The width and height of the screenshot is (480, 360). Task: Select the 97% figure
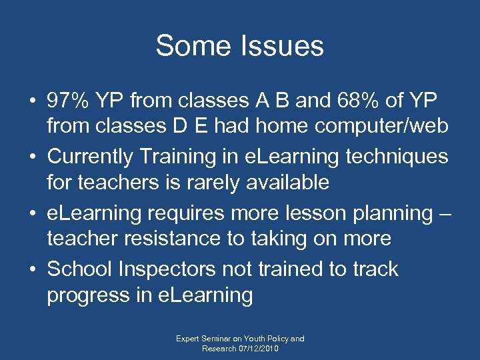[x=69, y=101]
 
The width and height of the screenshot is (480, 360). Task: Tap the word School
[x=79, y=269]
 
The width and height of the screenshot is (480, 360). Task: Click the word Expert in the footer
[x=189, y=339]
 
